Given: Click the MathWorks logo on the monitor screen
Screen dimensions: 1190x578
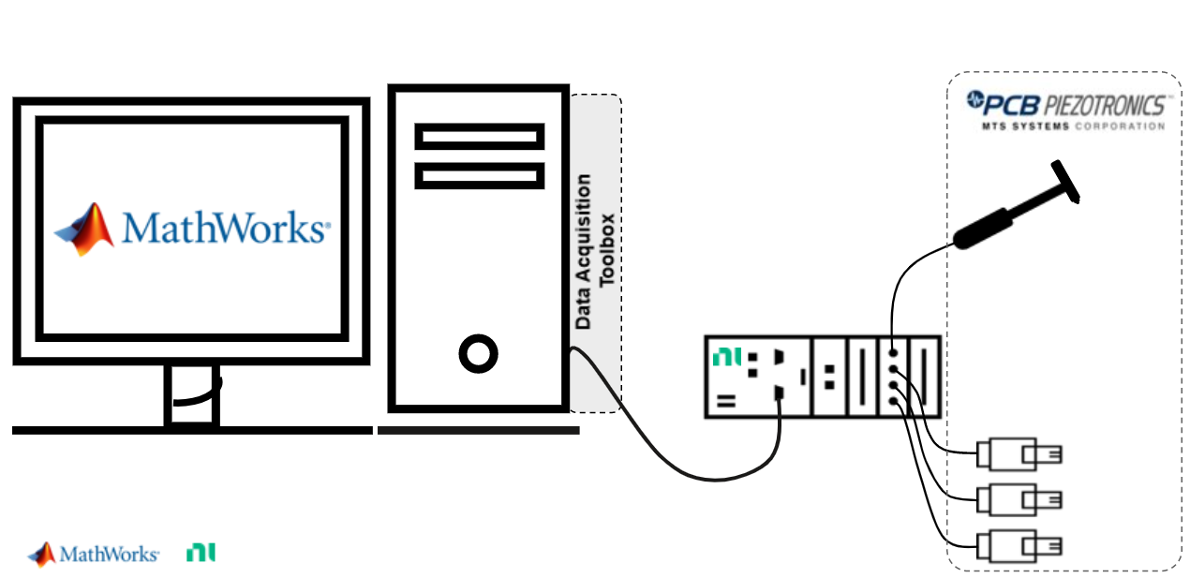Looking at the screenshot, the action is click(x=192, y=229).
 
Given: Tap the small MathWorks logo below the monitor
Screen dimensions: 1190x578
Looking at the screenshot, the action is click(x=94, y=554).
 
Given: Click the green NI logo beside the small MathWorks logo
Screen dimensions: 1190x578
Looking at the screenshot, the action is click(x=201, y=553).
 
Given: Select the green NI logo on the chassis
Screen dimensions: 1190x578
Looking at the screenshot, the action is click(x=725, y=357).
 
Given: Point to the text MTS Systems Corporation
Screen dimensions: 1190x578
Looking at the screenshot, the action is click(x=1072, y=126).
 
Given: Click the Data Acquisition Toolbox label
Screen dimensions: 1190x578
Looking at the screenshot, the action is click(x=595, y=251).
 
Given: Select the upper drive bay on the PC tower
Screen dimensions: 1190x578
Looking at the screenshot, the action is click(x=480, y=137).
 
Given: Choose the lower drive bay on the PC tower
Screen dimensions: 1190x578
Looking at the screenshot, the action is click(x=480, y=175).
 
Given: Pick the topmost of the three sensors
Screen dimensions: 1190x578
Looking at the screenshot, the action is click(x=1019, y=454).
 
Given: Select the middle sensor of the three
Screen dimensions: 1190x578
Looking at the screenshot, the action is click(x=1019, y=499).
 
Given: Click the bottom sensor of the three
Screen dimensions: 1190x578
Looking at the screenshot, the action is click(x=1019, y=544).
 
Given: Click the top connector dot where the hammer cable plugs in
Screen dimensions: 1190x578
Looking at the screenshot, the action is click(x=894, y=353).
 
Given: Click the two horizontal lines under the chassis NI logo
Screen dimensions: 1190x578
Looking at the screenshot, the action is click(x=725, y=401).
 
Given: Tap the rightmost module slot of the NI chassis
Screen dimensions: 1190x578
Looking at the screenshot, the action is click(x=924, y=377).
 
